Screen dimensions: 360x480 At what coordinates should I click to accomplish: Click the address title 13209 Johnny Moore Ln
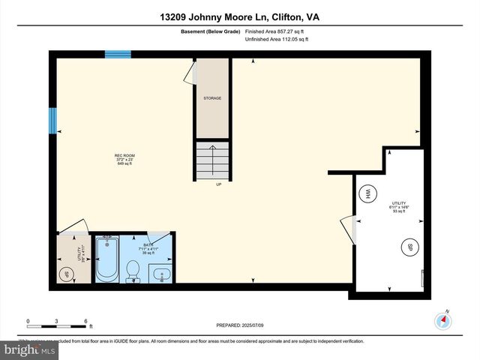click(239, 16)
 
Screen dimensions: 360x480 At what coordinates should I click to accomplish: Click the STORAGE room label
click(212, 98)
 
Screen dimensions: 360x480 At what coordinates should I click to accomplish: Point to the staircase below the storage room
click(212, 159)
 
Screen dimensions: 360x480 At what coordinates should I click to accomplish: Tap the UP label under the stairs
click(218, 184)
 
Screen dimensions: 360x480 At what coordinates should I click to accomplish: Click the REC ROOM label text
click(124, 159)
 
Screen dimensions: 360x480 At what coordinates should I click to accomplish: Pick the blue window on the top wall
click(118, 54)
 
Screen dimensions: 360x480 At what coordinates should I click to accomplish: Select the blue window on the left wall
click(52, 119)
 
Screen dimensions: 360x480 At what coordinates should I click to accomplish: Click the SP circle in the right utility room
click(409, 247)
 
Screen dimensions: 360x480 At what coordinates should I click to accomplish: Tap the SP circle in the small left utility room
click(67, 272)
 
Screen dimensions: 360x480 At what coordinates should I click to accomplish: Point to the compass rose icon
click(443, 320)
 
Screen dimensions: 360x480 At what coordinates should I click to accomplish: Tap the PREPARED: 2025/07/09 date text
click(240, 325)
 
